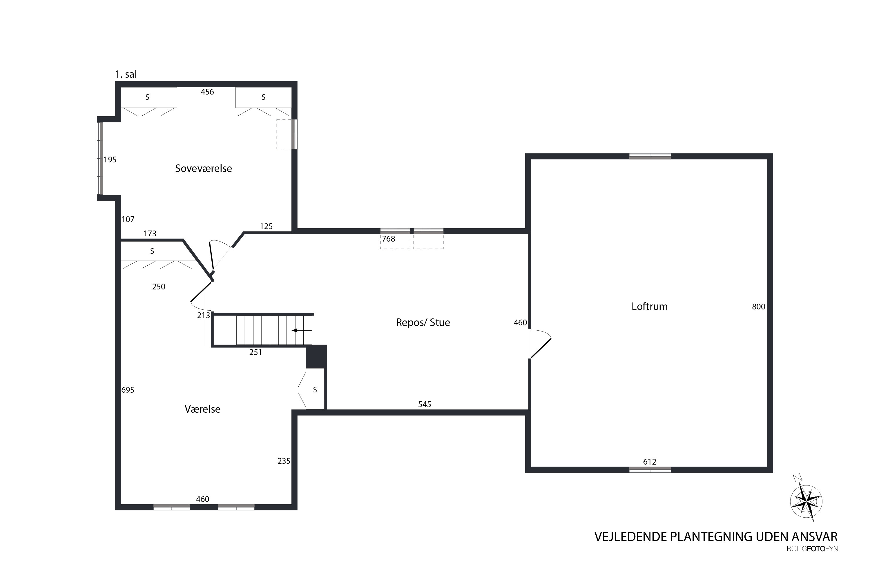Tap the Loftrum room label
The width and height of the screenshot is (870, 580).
pos(650,307)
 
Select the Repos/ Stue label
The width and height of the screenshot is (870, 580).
pos(423,322)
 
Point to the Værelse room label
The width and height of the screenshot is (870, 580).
pos(202,409)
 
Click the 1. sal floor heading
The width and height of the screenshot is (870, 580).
pos(126,74)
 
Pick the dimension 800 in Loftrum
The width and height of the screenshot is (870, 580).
pos(758,307)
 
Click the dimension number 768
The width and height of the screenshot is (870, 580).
pos(388,239)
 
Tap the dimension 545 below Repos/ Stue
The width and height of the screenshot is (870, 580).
pos(425,404)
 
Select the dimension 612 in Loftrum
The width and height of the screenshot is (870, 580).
pos(650,462)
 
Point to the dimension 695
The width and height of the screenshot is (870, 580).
pos(128,390)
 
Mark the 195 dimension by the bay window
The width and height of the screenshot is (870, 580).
pos(110,160)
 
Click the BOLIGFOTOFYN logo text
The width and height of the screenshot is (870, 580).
pos(812,549)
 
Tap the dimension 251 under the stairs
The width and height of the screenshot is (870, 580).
pos(255,352)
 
